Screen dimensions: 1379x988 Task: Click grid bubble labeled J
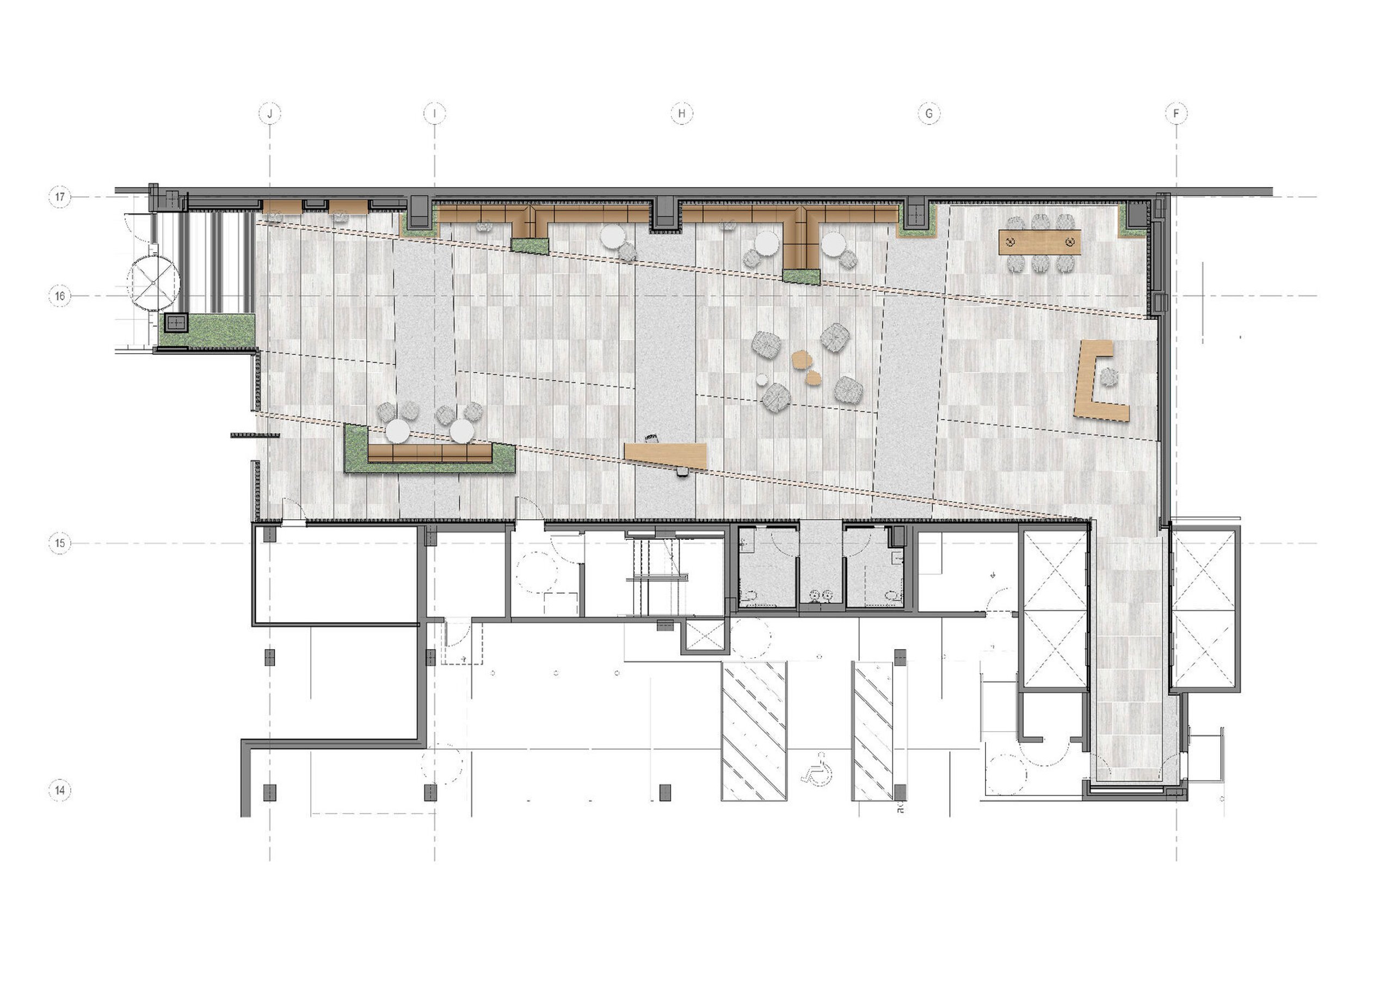(x=269, y=113)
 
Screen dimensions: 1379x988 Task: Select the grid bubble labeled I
(x=434, y=113)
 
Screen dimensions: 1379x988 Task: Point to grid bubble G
(x=928, y=113)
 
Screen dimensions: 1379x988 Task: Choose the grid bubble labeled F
(x=1176, y=113)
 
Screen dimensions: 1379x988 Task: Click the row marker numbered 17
(x=59, y=197)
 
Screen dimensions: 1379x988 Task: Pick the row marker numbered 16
(x=59, y=296)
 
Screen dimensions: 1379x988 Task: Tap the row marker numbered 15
(x=59, y=543)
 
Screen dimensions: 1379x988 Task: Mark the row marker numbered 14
(x=59, y=791)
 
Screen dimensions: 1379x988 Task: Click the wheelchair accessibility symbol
(x=818, y=768)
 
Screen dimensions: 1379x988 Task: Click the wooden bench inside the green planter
(x=430, y=453)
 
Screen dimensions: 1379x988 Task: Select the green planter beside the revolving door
(x=207, y=331)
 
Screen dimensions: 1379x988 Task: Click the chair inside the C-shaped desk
(x=1108, y=378)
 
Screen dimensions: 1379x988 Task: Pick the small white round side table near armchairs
(x=761, y=379)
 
